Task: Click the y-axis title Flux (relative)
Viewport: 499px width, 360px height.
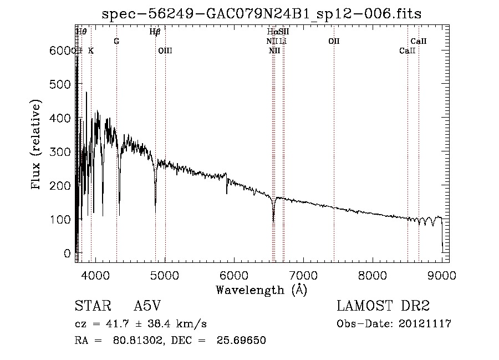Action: coord(37,146)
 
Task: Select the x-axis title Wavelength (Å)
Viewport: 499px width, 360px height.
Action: coord(261,290)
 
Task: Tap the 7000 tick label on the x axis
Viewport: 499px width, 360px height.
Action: coord(303,275)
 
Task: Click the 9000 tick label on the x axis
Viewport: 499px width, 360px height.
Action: coord(442,275)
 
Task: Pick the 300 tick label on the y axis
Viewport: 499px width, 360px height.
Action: coord(60,152)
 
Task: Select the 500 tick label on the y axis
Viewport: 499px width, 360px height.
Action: coord(60,84)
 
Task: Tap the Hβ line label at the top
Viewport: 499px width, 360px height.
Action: coord(155,32)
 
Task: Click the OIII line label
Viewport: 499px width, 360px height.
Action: coord(165,50)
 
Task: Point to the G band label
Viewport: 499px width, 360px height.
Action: coord(116,42)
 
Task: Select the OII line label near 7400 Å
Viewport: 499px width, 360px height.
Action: coord(334,42)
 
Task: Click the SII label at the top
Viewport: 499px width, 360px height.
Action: coord(284,32)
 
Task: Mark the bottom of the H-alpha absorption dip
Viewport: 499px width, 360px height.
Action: coord(273,221)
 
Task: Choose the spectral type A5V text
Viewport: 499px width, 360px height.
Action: coord(147,306)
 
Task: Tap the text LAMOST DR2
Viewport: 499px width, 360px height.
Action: coord(383,306)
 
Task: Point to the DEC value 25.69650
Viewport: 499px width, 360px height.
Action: coord(243,341)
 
